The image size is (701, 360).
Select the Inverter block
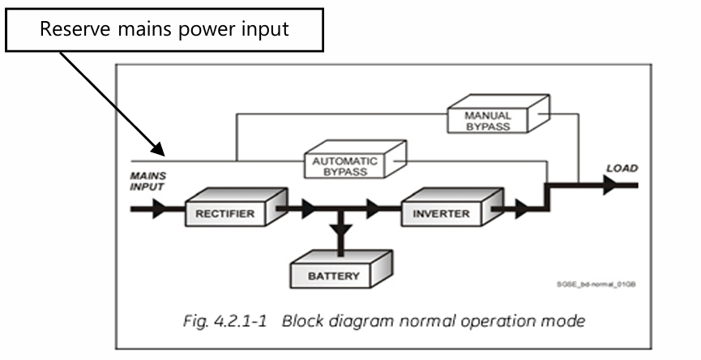(x=442, y=212)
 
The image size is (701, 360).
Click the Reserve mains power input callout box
(x=164, y=30)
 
